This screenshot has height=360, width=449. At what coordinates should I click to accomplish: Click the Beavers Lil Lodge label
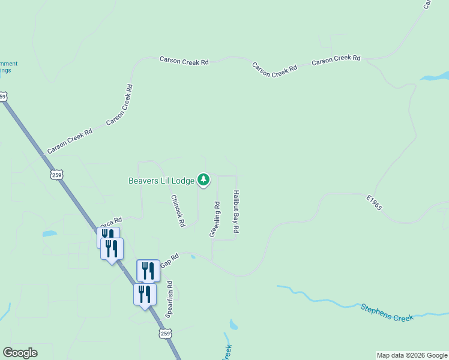point(161,181)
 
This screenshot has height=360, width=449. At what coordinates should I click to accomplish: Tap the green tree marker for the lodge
point(204,179)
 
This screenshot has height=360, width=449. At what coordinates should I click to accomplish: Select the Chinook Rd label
point(178,211)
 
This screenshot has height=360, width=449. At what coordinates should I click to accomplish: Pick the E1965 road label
point(374,202)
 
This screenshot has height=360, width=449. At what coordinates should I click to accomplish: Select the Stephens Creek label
point(387,313)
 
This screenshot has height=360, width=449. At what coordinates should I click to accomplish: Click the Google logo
point(20,353)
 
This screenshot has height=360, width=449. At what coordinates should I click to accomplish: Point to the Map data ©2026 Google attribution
point(411,355)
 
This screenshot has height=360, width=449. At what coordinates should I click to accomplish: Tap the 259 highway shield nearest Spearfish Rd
point(165,333)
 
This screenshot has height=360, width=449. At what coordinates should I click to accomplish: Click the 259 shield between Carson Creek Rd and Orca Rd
point(56,175)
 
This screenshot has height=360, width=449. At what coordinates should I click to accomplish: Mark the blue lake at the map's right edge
point(436,77)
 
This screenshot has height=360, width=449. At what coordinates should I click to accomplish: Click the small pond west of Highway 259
point(49,233)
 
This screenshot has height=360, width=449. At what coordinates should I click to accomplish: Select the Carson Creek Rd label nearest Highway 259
point(70,140)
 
